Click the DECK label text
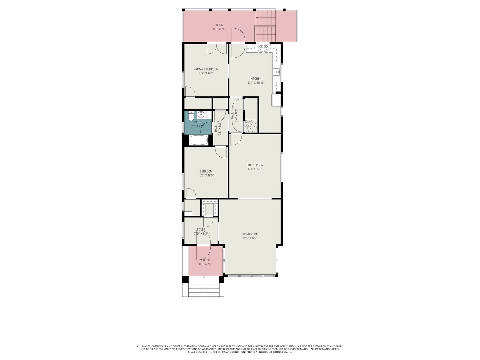[219, 25]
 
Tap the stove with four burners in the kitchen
[263, 49]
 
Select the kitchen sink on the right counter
[276, 71]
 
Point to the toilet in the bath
[191, 116]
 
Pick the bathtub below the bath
[199, 140]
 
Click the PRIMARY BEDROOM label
[206, 69]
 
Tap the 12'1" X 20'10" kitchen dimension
[256, 83]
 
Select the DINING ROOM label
[255, 165]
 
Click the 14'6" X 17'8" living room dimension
[250, 238]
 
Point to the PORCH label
[206, 260]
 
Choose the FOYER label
[201, 230]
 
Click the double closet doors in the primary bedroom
[217, 49]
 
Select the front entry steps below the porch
[204, 287]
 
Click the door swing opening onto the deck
[238, 36]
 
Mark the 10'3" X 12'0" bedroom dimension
[206, 175]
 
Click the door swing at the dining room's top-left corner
[236, 139]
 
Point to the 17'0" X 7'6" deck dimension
[219, 29]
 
